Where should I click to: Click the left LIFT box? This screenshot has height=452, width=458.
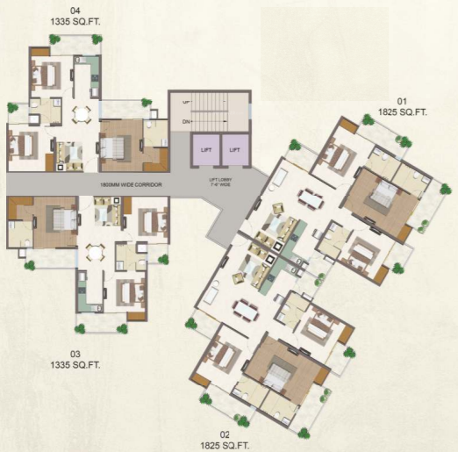pyautogui.click(x=204, y=150)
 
